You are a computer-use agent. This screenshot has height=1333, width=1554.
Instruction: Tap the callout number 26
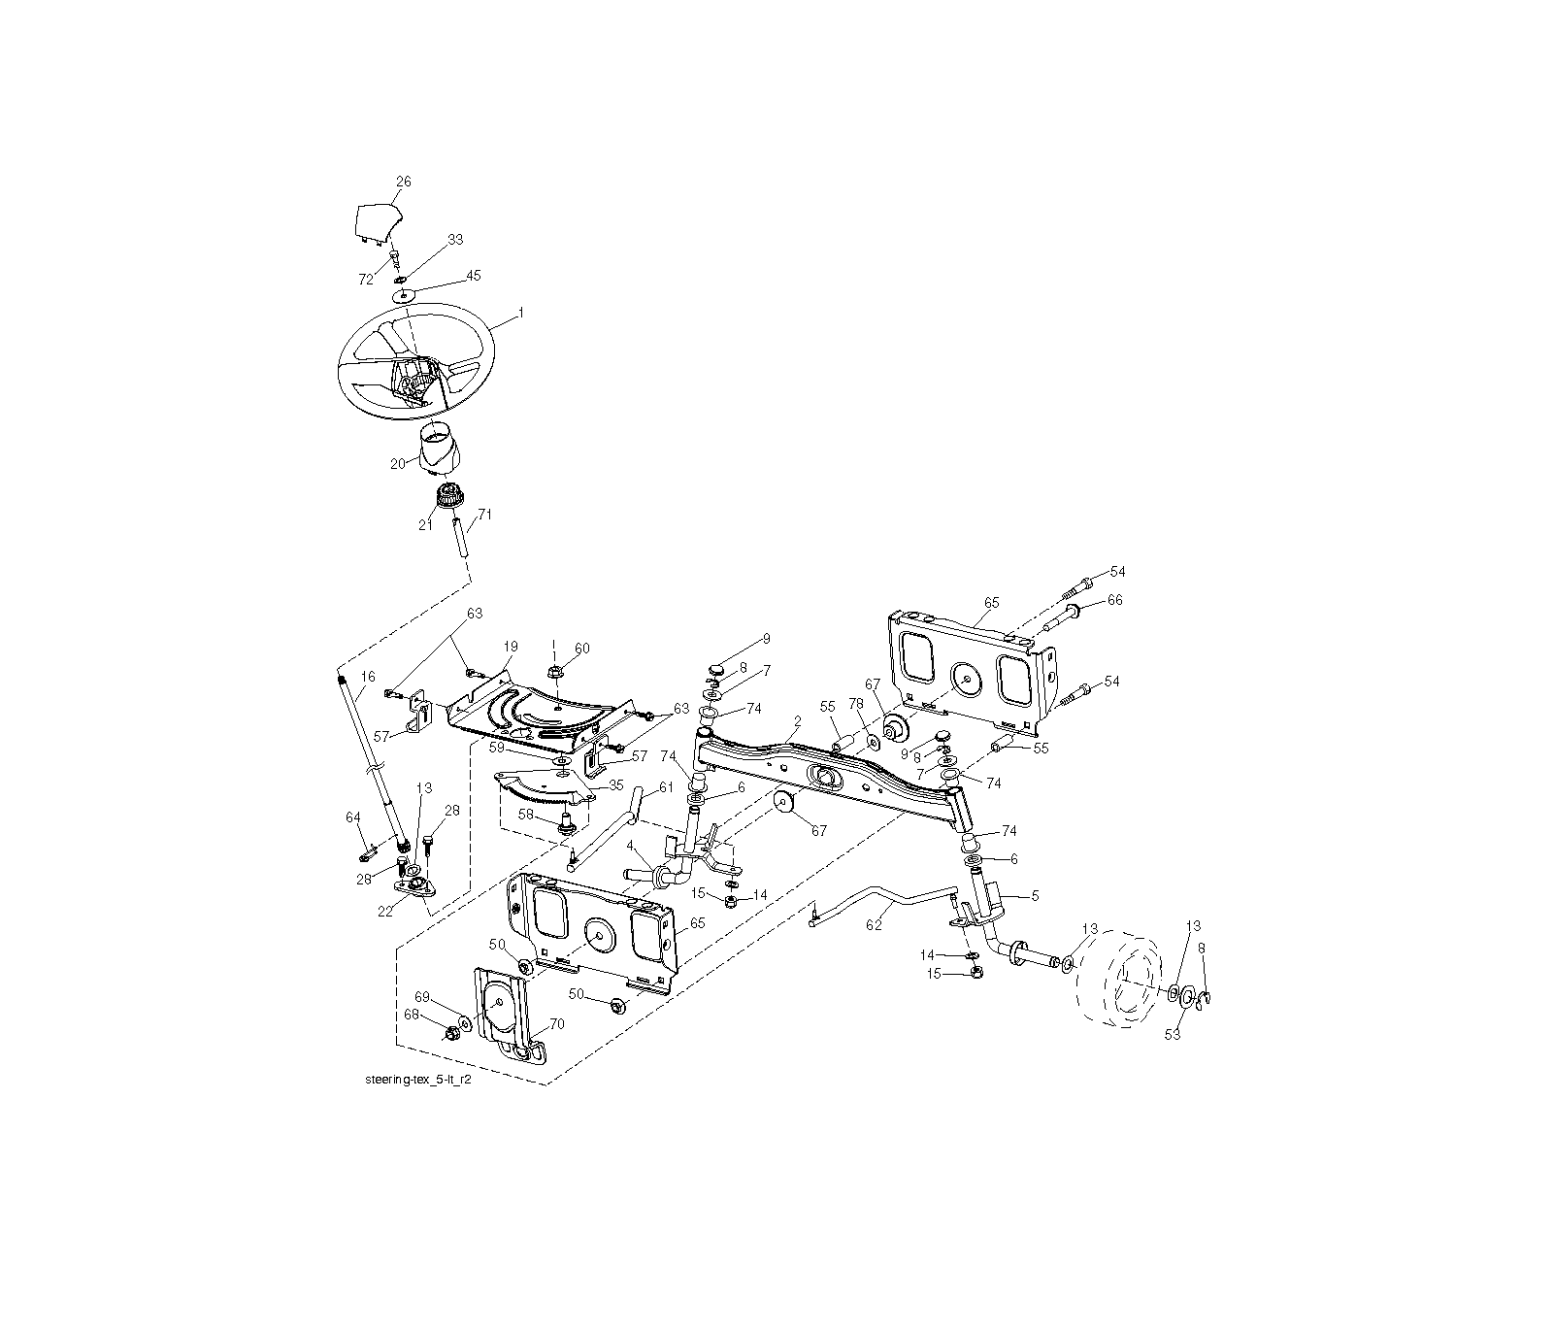coord(404,182)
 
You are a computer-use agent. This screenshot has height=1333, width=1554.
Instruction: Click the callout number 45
coord(473,276)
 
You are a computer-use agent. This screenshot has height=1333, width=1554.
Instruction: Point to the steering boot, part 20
coord(441,453)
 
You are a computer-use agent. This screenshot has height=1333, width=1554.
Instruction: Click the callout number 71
coord(484,514)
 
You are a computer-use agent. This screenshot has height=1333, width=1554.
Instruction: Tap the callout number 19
coord(511,646)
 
